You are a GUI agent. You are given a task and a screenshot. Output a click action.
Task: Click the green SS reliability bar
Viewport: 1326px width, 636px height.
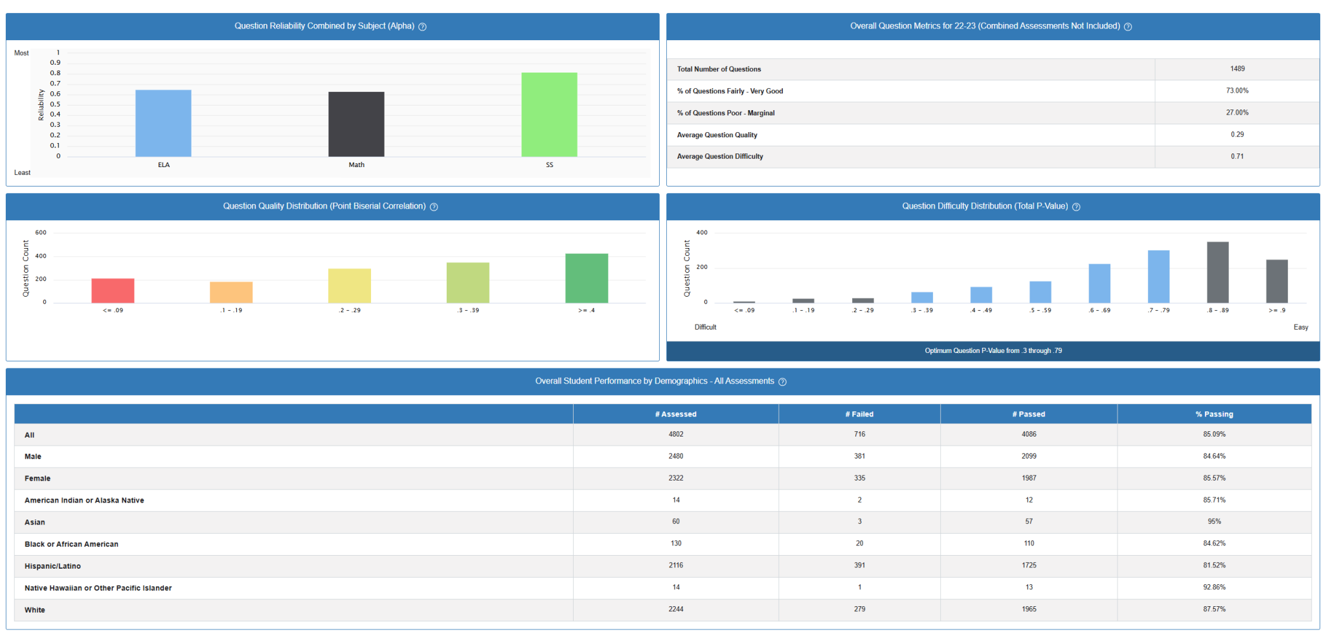tap(549, 115)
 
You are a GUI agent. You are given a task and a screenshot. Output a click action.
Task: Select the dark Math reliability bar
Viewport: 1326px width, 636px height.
tap(356, 124)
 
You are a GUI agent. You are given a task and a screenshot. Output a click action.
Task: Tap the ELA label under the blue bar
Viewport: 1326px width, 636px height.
tap(164, 165)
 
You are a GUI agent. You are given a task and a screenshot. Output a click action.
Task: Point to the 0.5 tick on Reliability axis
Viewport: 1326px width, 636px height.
tap(55, 104)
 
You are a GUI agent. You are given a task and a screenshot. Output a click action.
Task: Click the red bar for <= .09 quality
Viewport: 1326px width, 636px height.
tap(113, 291)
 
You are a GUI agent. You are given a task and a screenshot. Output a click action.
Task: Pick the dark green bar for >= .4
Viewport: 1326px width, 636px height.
tap(587, 278)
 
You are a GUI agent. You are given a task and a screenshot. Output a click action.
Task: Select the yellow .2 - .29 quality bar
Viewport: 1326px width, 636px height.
tap(350, 286)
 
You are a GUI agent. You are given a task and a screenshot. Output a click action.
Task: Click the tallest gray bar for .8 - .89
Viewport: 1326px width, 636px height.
tap(1217, 272)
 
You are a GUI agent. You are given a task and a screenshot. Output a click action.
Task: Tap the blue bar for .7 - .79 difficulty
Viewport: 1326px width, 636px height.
tap(1158, 277)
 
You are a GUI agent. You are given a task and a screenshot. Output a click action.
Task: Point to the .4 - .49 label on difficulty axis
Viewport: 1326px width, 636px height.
tap(981, 310)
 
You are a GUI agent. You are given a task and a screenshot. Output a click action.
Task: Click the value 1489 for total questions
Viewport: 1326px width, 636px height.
tap(1237, 69)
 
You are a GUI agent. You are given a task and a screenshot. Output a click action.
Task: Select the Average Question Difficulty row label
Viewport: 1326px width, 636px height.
tap(720, 157)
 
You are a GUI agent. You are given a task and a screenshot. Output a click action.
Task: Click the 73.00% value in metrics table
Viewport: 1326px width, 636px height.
tap(1237, 91)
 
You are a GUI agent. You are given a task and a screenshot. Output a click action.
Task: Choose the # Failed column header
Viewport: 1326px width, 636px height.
tap(859, 415)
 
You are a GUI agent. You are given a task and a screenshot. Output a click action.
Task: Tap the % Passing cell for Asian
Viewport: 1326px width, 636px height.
tap(1214, 521)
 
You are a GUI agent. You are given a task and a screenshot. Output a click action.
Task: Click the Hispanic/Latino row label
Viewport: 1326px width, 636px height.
tap(52, 566)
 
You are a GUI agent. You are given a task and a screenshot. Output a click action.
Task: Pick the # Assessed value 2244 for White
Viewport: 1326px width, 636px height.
tap(675, 609)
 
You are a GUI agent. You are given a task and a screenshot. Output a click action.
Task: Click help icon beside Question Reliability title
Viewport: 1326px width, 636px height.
tap(422, 27)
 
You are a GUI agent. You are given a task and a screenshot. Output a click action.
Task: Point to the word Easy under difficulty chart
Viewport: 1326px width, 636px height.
tap(1301, 327)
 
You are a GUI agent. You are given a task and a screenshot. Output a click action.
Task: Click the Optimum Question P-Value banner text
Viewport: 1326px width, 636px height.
tap(993, 351)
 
